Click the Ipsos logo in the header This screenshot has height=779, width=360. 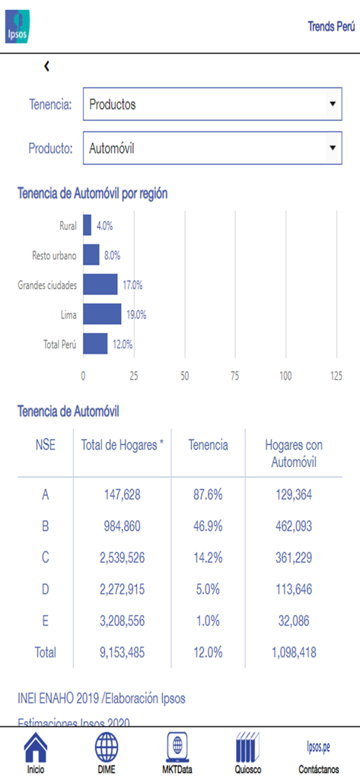[19, 27]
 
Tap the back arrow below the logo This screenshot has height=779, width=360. [46, 66]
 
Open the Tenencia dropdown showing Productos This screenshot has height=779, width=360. [212, 104]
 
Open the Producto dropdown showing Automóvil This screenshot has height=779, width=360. [212, 148]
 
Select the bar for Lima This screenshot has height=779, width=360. [102, 314]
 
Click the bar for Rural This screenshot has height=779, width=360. [87, 225]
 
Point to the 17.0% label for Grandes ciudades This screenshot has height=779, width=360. [132, 285]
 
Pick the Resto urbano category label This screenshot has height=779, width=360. [54, 256]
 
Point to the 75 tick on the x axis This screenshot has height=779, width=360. [235, 375]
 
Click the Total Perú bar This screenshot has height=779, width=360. [95, 344]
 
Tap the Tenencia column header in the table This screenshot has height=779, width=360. [208, 445]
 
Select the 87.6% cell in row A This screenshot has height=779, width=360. [208, 495]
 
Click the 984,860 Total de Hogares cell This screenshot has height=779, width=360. [122, 526]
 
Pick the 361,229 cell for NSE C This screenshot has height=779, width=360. [293, 558]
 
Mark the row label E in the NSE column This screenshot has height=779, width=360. [45, 621]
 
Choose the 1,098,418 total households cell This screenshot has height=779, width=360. [293, 652]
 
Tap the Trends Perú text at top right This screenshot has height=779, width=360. [331, 26]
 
